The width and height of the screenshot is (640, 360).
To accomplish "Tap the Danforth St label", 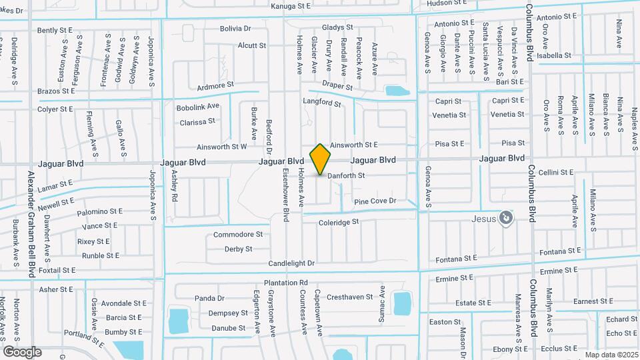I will click(346, 176).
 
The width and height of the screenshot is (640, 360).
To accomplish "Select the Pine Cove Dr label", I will click(375, 201).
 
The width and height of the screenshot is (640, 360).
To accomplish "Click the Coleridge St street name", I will click(339, 222).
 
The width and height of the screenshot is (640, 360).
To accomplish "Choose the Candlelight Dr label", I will click(291, 264).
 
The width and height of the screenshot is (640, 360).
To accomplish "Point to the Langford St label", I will click(321, 104).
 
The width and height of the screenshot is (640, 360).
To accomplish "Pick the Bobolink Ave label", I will click(198, 107).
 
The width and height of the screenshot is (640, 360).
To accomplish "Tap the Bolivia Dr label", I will click(236, 29).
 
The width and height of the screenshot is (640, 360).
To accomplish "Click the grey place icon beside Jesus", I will click(507, 217).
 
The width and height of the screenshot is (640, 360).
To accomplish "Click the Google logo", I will click(22, 351).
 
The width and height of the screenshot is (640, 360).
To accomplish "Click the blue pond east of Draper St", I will click(396, 91).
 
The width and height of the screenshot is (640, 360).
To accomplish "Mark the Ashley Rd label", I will click(175, 185).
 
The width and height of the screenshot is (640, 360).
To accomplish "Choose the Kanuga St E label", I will click(291, 6).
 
